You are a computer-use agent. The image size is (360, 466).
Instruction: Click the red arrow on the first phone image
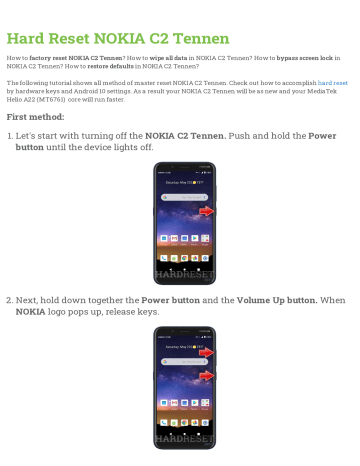tap(205, 212)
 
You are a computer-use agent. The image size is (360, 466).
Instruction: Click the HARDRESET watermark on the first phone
tap(180, 276)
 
